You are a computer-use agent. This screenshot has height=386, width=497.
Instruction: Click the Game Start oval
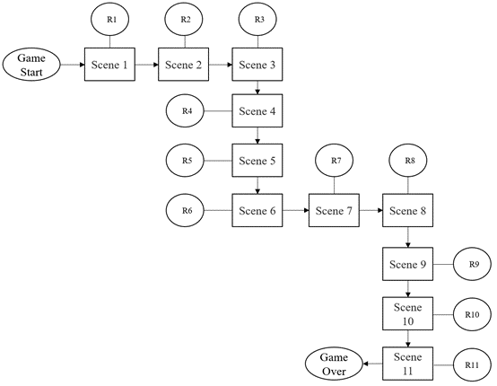(31, 65)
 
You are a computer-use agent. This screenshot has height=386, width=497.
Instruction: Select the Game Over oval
(334, 364)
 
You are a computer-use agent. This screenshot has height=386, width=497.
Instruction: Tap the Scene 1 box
(109, 65)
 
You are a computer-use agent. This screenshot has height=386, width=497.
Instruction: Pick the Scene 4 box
(257, 110)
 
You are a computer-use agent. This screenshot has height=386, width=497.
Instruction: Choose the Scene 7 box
(334, 210)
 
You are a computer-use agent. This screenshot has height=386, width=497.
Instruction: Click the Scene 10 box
(407, 313)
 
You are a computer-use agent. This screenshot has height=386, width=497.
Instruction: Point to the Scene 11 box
(407, 364)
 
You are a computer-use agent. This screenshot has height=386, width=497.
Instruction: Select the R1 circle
(110, 19)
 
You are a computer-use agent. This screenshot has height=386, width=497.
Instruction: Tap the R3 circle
(257, 19)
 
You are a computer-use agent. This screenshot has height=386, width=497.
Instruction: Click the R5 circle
(185, 161)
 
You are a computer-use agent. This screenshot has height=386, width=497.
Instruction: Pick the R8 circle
(408, 161)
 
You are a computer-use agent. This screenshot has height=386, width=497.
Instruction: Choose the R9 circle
(473, 264)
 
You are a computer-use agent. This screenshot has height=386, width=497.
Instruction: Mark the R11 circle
(473, 365)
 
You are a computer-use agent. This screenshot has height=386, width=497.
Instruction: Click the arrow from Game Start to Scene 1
(73, 65)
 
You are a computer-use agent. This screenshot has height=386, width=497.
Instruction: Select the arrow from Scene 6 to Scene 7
(296, 210)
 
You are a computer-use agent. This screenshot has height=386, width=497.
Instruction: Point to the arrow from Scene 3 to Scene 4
(257, 88)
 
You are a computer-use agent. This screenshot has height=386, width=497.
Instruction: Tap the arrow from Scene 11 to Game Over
(372, 364)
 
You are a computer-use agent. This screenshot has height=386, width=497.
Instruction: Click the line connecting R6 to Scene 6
(218, 210)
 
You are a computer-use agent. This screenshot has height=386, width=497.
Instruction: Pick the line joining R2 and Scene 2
(185, 42)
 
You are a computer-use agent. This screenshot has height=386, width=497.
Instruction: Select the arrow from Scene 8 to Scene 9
(408, 237)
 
